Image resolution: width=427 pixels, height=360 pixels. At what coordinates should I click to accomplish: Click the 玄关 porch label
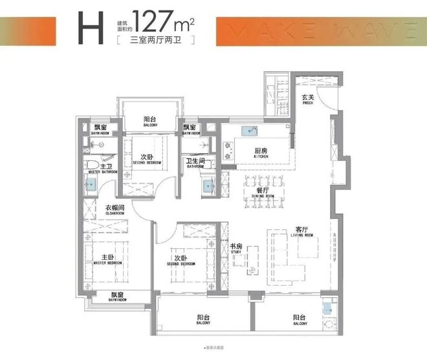[308, 99]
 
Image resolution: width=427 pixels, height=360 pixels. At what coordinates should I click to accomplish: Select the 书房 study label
[237, 246]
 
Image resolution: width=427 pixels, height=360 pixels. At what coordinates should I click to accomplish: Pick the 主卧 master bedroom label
[107, 257]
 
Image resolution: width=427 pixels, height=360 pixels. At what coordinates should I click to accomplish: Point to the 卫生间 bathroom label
[196, 162]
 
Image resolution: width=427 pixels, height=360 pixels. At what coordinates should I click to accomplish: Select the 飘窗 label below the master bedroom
[117, 295]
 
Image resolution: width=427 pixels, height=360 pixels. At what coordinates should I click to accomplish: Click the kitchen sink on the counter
[249, 132]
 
